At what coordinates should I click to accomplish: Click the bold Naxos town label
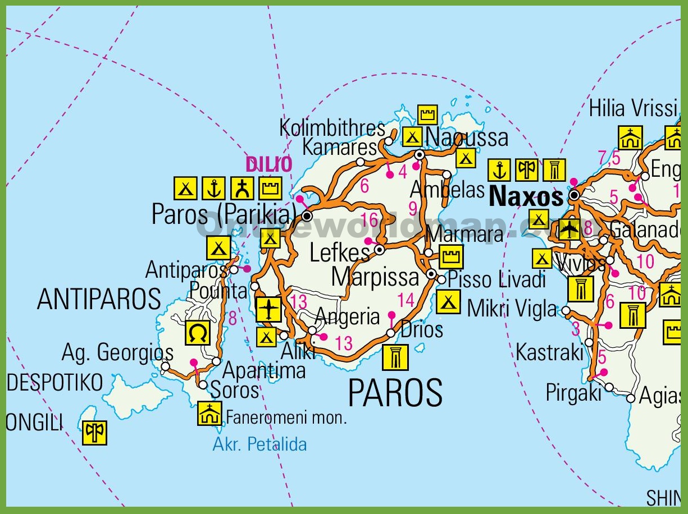click(526, 196)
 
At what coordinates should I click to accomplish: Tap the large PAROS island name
click(395, 393)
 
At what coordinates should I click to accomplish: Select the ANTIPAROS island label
click(99, 299)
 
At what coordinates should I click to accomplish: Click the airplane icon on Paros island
click(268, 310)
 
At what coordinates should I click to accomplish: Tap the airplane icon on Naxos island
click(569, 229)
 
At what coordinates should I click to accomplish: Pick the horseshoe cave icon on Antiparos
click(198, 333)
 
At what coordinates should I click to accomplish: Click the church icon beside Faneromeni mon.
click(209, 413)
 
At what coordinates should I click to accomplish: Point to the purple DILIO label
click(269, 164)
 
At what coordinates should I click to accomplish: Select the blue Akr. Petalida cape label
click(259, 444)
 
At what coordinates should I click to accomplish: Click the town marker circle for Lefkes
click(380, 250)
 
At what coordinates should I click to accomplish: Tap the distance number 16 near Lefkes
click(370, 219)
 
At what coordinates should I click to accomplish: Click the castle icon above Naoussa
click(428, 114)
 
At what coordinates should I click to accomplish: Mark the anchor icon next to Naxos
click(499, 169)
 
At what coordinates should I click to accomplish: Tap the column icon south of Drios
click(395, 357)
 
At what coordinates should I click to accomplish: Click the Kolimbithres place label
click(332, 128)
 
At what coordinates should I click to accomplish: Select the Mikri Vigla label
click(512, 309)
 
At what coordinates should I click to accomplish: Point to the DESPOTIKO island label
click(55, 383)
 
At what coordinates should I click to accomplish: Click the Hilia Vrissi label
click(633, 108)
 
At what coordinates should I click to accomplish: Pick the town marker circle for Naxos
click(574, 196)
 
